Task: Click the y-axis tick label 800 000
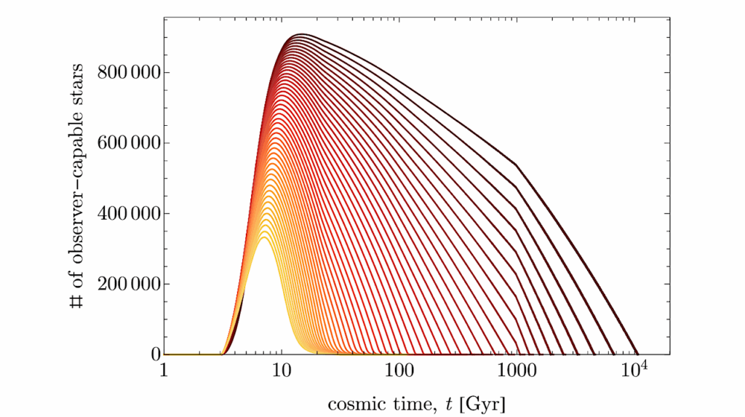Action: pos(121,72)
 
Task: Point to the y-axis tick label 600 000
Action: pos(121,143)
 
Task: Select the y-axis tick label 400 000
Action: pos(121,213)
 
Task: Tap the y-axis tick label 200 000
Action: pos(121,284)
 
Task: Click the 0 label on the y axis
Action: pos(154,354)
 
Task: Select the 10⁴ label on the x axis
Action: pos(635,370)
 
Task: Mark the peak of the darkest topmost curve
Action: pos(300,34)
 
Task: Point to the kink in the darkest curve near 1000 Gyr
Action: pos(517,165)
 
